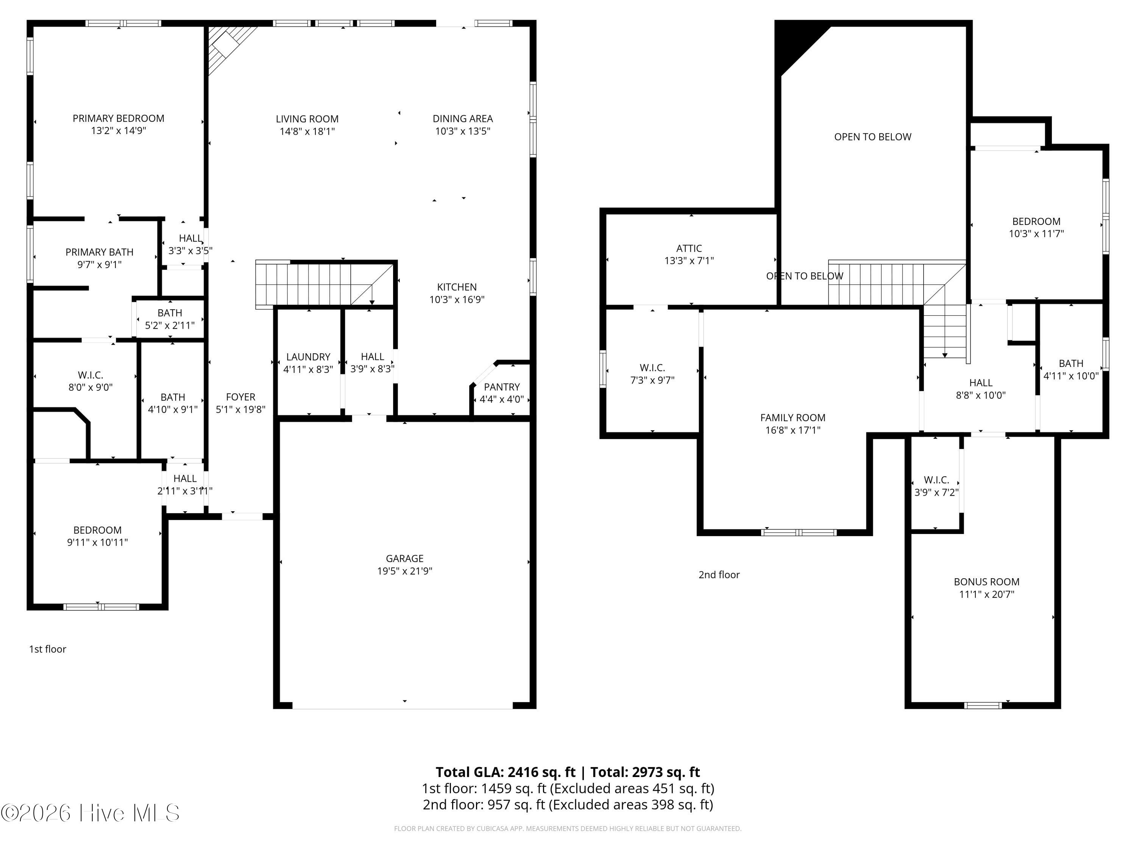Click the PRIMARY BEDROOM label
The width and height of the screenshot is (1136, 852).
(119, 119)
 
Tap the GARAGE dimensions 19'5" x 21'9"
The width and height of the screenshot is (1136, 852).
(405, 571)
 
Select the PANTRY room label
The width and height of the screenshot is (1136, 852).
(502, 387)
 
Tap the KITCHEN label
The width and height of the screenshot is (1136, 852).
(457, 287)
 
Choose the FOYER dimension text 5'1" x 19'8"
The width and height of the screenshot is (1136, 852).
(240, 409)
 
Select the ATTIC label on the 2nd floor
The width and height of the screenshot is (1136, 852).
(689, 248)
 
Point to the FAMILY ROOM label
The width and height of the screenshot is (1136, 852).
(793, 418)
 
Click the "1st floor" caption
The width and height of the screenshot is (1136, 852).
(48, 649)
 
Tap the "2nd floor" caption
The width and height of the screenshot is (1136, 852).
(719, 575)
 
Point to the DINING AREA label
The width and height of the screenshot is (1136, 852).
(463, 119)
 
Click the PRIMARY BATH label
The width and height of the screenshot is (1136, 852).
(100, 252)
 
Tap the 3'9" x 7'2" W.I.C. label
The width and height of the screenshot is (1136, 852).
(936, 486)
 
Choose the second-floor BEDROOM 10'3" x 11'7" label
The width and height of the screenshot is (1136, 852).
(1036, 228)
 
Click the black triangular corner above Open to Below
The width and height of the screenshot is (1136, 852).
(795, 44)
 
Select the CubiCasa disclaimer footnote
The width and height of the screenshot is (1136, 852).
(568, 829)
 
